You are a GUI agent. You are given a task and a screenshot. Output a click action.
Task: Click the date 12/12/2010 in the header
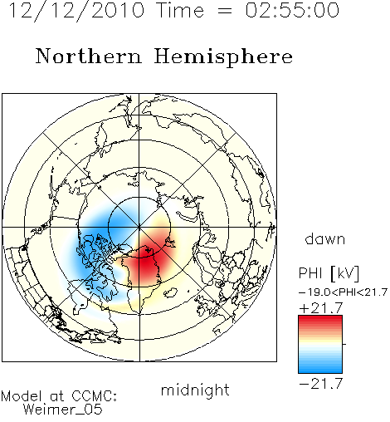pyautogui.click(x=76, y=11)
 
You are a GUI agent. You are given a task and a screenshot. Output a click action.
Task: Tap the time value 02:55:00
pyautogui.click(x=292, y=11)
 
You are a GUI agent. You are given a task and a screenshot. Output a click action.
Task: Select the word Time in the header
pyautogui.click(x=180, y=11)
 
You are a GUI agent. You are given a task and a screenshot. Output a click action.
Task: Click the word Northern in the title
pyautogui.click(x=89, y=56)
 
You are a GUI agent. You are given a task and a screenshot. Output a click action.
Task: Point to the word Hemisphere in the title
pyautogui.click(x=223, y=57)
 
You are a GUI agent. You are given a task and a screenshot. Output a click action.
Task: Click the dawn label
pyautogui.click(x=325, y=238)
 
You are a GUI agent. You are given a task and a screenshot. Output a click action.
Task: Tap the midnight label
pyautogui.click(x=195, y=390)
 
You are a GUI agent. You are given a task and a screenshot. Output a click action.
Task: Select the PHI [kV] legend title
pyautogui.click(x=329, y=273)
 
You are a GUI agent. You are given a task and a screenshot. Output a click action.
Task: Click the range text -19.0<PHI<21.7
pyautogui.click(x=343, y=292)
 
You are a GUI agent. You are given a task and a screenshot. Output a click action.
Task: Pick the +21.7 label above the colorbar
pyautogui.click(x=321, y=308)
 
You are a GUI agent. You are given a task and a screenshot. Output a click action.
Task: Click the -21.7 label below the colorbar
pyautogui.click(x=321, y=384)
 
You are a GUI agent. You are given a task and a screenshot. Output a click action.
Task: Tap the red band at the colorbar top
pyautogui.click(x=320, y=320)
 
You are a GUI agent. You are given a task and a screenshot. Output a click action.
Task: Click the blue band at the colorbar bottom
pyautogui.click(x=320, y=369)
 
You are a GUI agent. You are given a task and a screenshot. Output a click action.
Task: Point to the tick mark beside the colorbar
pyautogui.click(x=344, y=344)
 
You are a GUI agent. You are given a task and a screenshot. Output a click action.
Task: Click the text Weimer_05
pyautogui.click(x=63, y=409)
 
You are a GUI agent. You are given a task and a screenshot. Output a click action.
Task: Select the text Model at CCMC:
pyautogui.click(x=59, y=396)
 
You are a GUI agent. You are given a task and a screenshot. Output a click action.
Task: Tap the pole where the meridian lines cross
pyautogui.click(x=139, y=228)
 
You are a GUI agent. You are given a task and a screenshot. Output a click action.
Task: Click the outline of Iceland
pyautogui.click(x=170, y=292)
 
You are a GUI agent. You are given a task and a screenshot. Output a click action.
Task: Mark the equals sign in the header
pyautogui.click(x=225, y=12)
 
